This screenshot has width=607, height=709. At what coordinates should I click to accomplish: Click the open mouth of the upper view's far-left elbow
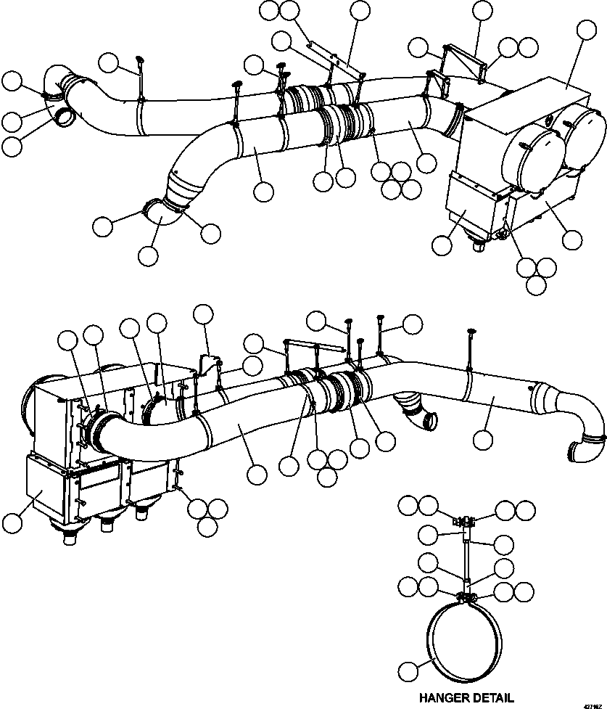(x=65, y=115)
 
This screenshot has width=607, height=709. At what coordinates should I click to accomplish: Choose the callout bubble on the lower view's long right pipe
(x=482, y=438)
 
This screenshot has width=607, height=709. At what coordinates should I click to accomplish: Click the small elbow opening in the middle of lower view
(x=429, y=421)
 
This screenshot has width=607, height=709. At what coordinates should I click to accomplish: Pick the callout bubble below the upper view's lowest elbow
(x=149, y=255)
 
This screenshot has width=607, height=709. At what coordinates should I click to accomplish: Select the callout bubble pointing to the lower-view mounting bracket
(x=204, y=314)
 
